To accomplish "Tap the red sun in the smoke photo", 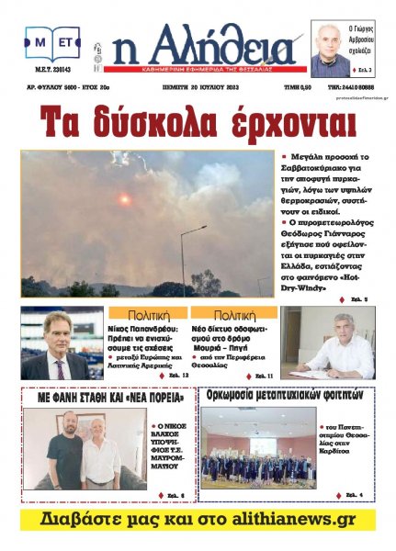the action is coord(124,199).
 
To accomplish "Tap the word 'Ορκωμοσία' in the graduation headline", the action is coord(241,399).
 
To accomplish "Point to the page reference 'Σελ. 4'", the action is coord(354,496).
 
